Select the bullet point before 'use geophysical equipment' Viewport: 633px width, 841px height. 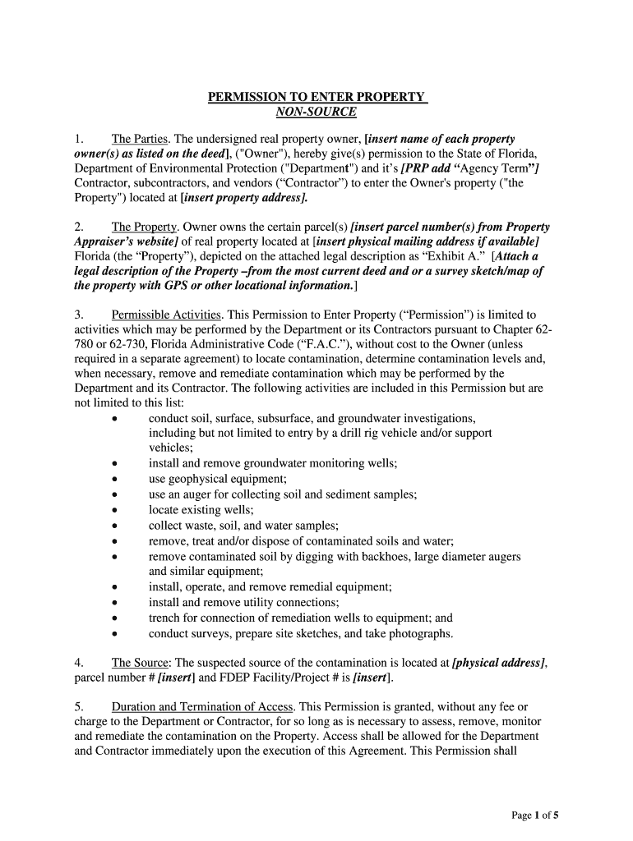[115, 478]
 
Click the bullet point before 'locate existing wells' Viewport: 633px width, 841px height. [115, 509]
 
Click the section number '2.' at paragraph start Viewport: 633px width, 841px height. [80, 227]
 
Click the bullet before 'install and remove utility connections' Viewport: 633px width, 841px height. [115, 602]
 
